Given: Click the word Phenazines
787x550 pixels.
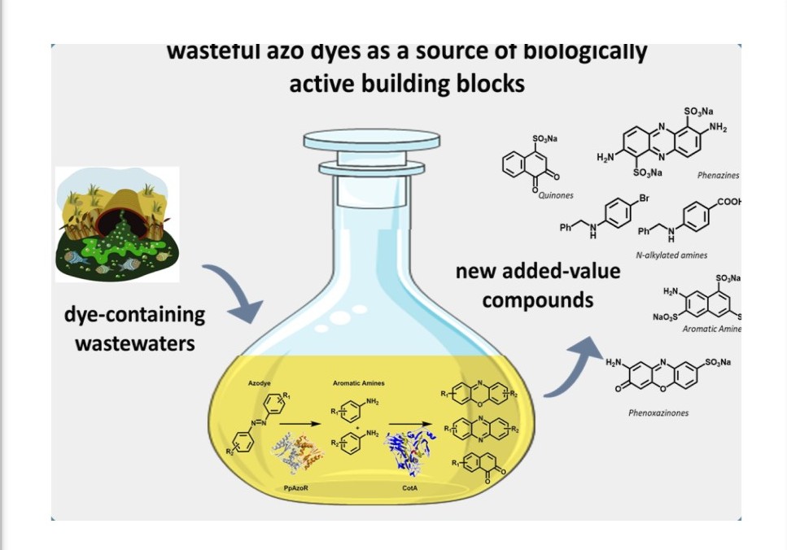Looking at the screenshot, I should (718, 175).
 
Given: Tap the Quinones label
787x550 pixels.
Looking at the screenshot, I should (556, 195).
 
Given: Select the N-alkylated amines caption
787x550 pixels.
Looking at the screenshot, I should (671, 255).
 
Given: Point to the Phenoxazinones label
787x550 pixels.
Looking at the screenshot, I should (658, 412).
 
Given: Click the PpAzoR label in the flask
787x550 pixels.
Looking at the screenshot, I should (295, 487).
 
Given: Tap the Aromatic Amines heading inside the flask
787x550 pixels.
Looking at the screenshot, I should (358, 382).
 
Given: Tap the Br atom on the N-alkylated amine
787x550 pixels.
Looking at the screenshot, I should (644, 199).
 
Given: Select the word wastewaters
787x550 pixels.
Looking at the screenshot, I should (135, 343).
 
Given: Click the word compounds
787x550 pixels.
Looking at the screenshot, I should (538, 299).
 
